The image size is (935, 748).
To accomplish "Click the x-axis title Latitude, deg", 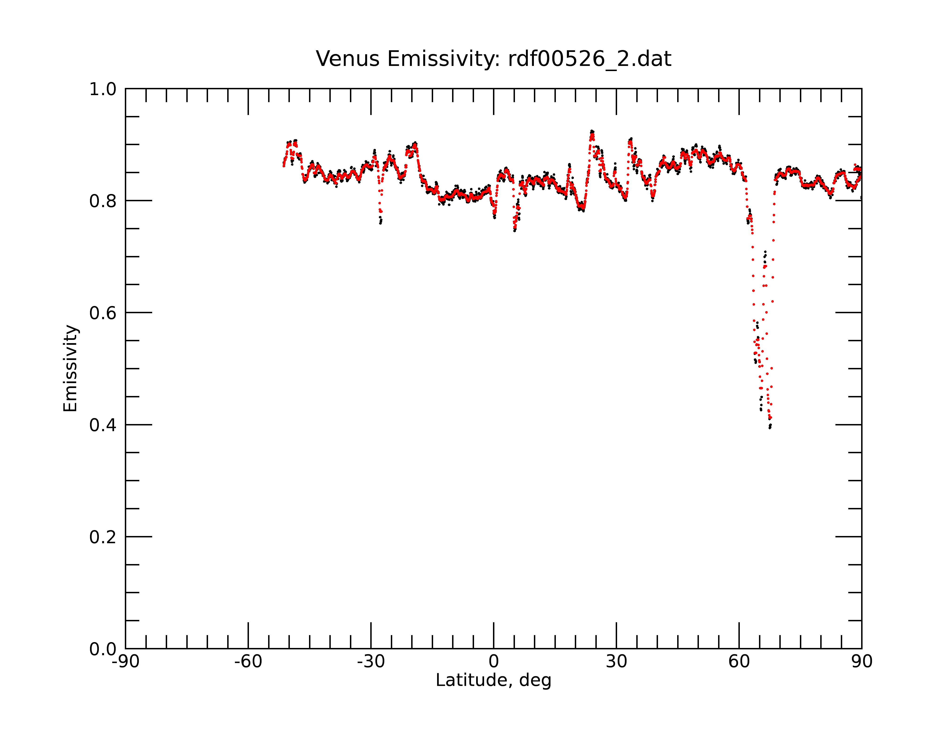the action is click(493, 680).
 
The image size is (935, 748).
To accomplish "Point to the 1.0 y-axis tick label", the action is click(103, 90).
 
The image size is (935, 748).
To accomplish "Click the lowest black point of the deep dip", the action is click(770, 428).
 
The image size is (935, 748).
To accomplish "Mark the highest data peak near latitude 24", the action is click(592, 131).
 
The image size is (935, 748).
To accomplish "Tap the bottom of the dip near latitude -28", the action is click(380, 223).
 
